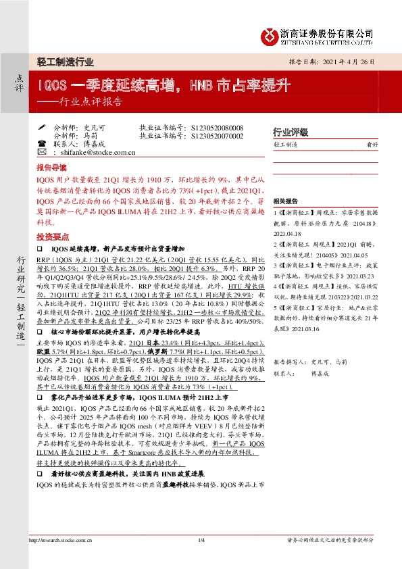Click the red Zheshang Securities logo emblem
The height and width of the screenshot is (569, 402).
270,34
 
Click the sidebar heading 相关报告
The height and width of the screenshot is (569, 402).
284,201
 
